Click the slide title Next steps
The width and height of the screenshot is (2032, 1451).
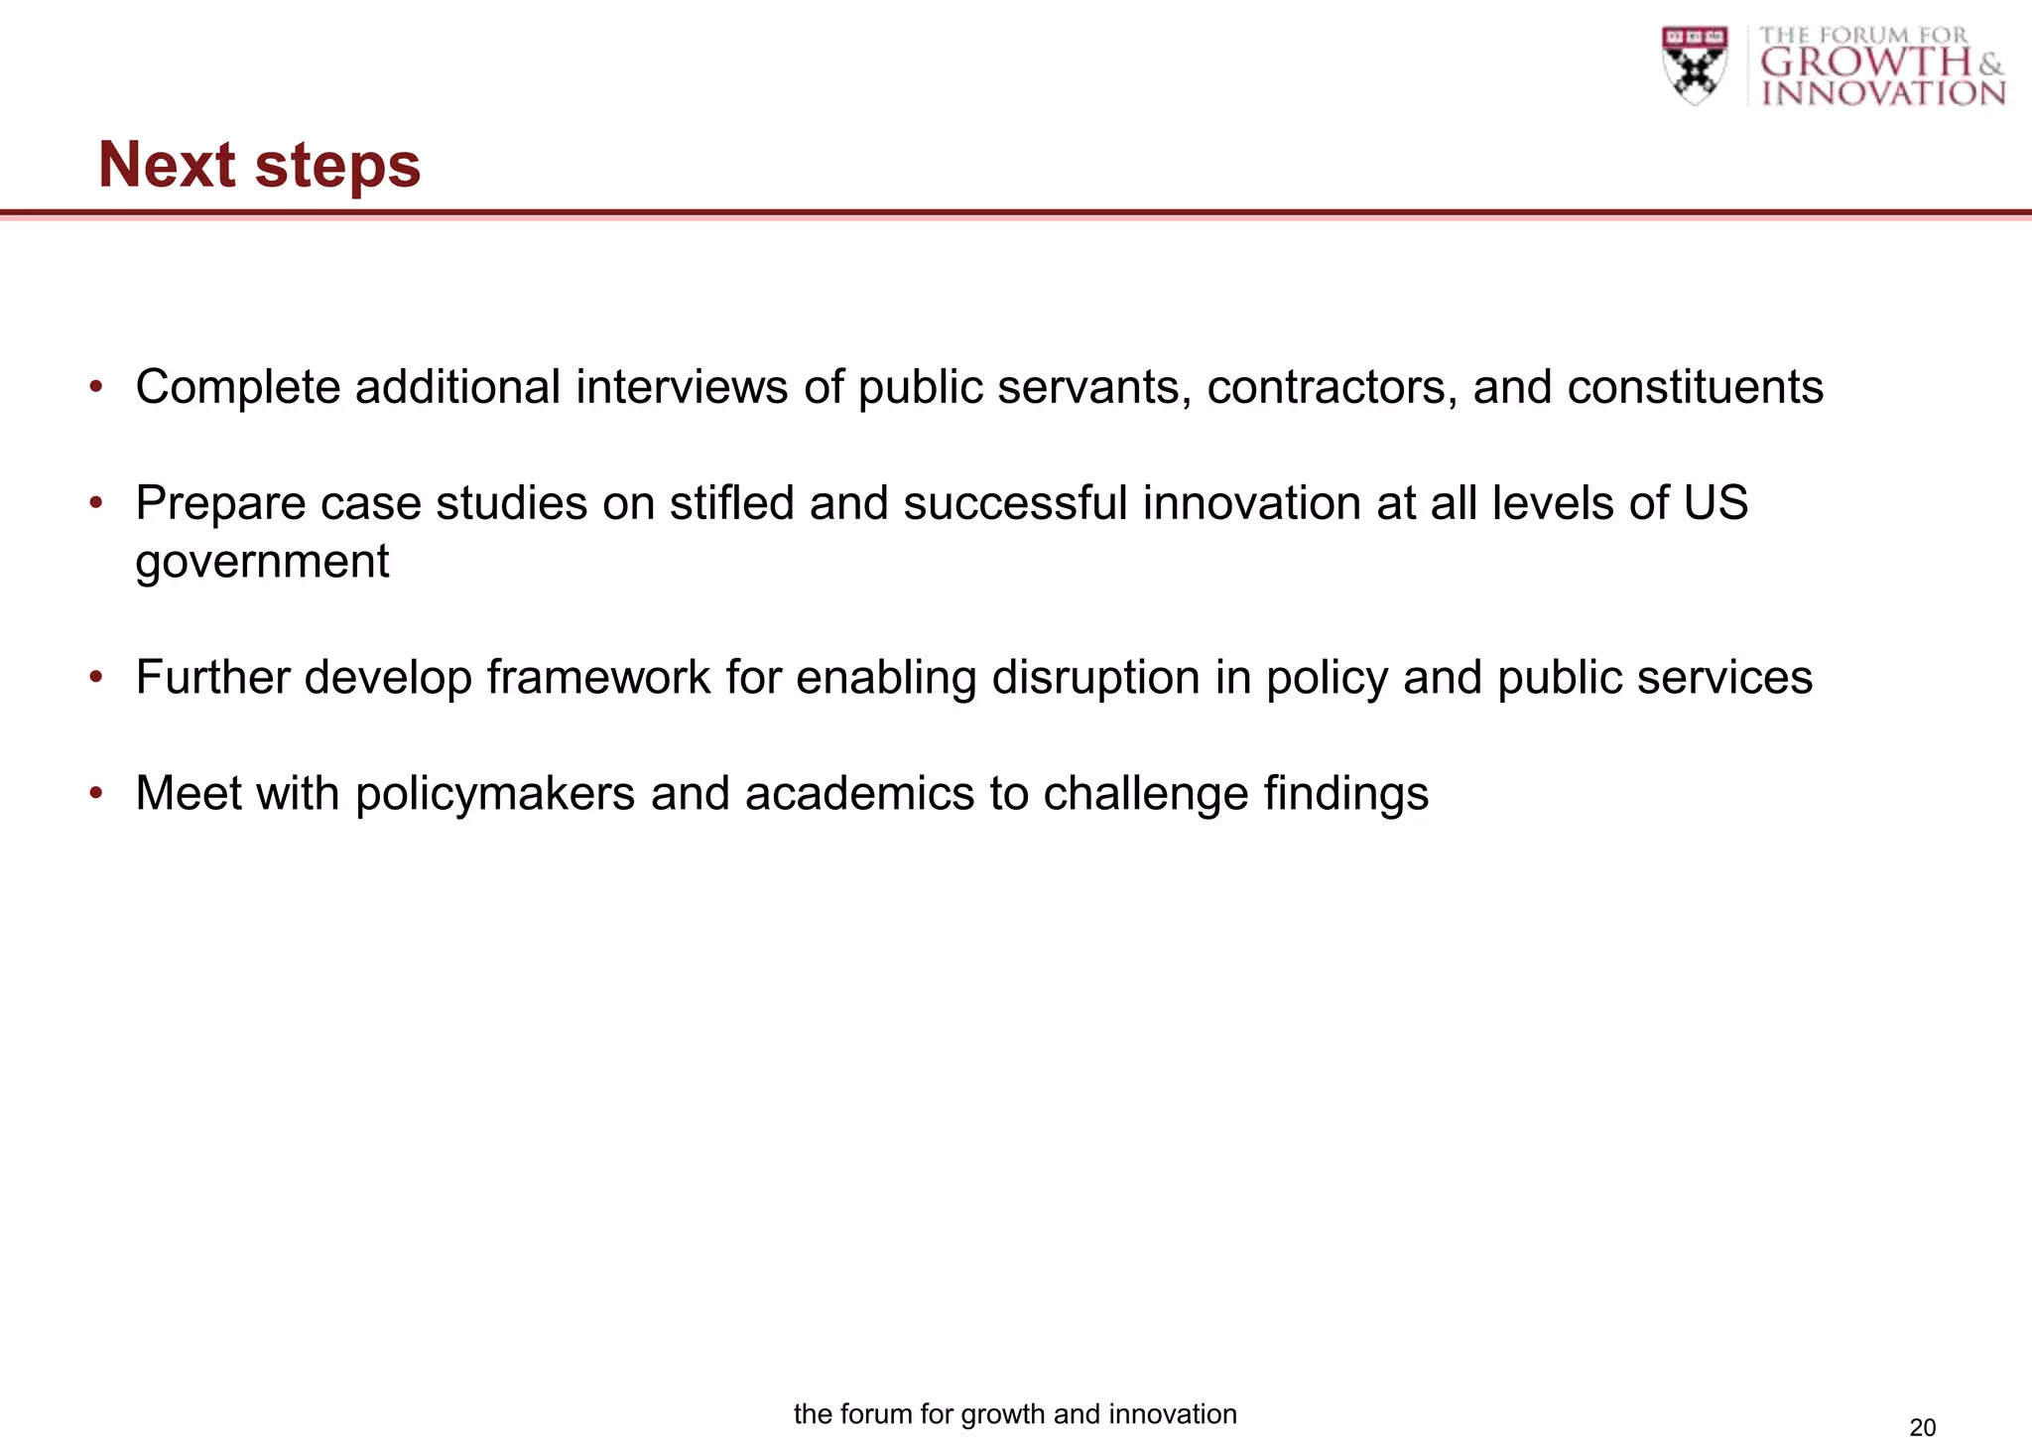(259, 165)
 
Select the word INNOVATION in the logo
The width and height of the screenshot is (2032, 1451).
(1883, 94)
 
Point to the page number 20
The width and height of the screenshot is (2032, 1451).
(1922, 1427)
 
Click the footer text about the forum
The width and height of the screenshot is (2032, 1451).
(1015, 1414)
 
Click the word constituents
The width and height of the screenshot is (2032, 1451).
(1695, 387)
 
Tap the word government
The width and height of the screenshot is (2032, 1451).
(262, 563)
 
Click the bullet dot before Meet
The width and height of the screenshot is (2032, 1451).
(96, 793)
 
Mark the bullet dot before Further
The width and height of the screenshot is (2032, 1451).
(96, 677)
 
